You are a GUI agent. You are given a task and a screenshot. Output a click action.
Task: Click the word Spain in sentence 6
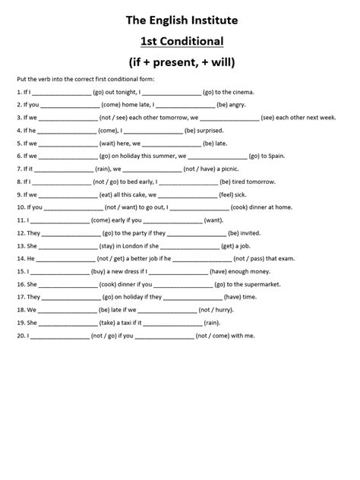pyautogui.click(x=277, y=156)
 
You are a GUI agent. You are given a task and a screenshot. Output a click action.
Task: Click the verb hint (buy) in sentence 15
pyautogui.click(x=100, y=271)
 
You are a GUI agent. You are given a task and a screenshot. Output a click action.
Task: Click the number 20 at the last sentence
pyautogui.click(x=19, y=336)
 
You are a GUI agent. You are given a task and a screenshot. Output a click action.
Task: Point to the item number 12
pyautogui.click(x=19, y=233)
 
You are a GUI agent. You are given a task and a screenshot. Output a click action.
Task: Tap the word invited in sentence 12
pyautogui.click(x=251, y=233)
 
